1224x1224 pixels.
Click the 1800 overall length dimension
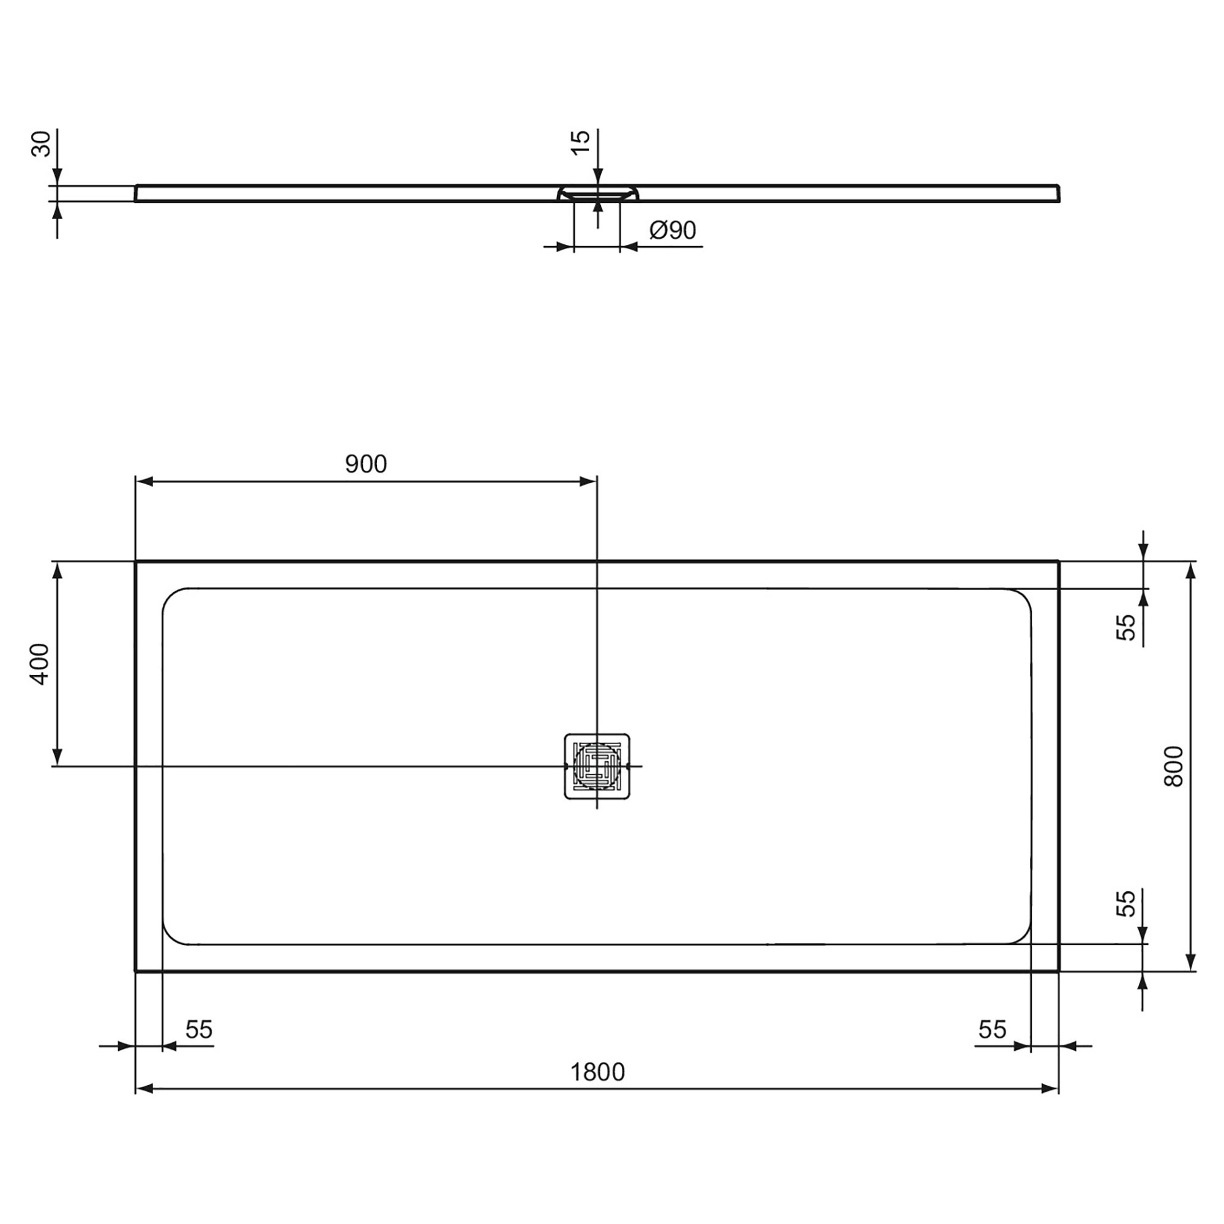(597, 1072)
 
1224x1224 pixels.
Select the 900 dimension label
(365, 464)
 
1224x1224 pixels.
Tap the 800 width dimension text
(1173, 766)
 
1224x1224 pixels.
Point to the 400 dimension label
(39, 663)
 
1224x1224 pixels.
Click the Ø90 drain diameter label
(673, 229)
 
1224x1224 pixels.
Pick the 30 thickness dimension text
(40, 144)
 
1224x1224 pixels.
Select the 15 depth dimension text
(580, 142)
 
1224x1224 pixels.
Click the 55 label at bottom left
(199, 1029)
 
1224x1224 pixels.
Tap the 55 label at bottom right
(992, 1029)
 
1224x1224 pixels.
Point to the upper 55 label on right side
(1126, 627)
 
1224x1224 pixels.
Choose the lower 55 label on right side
(1126, 903)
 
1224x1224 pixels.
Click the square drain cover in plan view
(597, 766)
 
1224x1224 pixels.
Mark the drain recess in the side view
(597, 193)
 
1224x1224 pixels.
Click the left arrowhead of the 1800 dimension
(144, 1088)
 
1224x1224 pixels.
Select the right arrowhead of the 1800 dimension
(1050, 1088)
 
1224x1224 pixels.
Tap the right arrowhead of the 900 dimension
(588, 482)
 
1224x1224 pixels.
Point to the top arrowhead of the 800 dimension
(1190, 571)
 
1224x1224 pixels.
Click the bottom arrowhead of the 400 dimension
(57, 757)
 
